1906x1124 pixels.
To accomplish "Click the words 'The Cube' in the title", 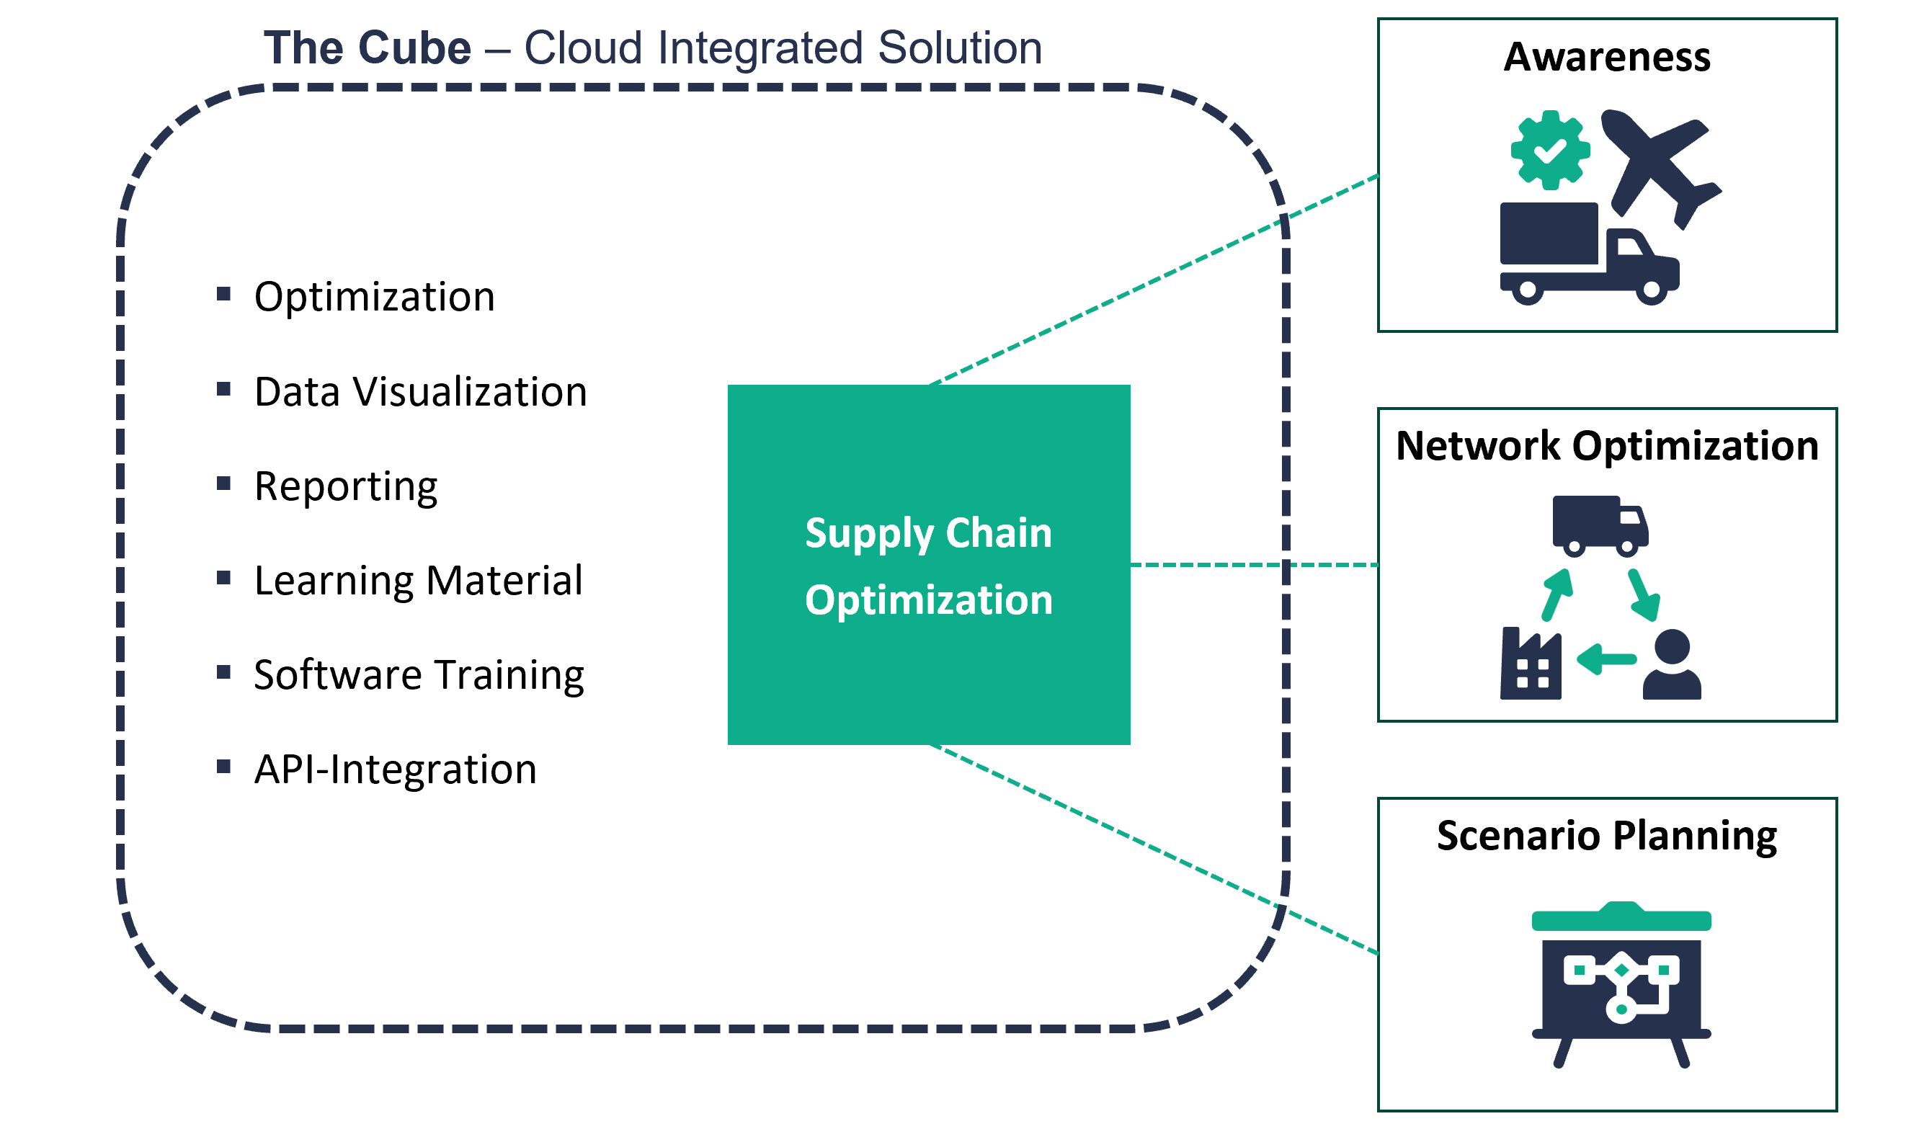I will pyautogui.click(x=368, y=48).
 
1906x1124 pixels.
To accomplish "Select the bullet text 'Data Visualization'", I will pyautogui.click(x=420, y=393).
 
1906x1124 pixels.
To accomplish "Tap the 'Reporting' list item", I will pyautogui.click(x=345, y=486).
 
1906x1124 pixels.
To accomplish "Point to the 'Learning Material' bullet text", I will pyautogui.click(x=418, y=581).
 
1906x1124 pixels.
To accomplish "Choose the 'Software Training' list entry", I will pyautogui.click(x=419, y=676).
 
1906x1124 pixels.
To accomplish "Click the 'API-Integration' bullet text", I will pyautogui.click(x=395, y=770).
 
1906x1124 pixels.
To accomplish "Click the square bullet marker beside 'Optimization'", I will pyautogui.click(x=223, y=294).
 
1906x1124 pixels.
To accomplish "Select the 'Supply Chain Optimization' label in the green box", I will pyautogui.click(x=929, y=566).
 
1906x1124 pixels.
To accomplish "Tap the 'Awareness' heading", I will pyautogui.click(x=1607, y=57).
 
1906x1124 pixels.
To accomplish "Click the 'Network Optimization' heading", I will pyautogui.click(x=1607, y=445).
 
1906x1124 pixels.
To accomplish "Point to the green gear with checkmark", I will pyautogui.click(x=1550, y=150).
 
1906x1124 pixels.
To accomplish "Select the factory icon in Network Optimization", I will pyautogui.click(x=1531, y=664).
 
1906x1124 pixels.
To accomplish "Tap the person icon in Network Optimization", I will pyautogui.click(x=1672, y=665).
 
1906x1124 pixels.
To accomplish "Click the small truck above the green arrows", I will pyautogui.click(x=1600, y=525).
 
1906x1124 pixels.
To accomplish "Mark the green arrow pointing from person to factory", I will pyautogui.click(x=1606, y=659).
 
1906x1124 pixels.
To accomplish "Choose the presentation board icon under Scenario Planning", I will pyautogui.click(x=1621, y=985).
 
